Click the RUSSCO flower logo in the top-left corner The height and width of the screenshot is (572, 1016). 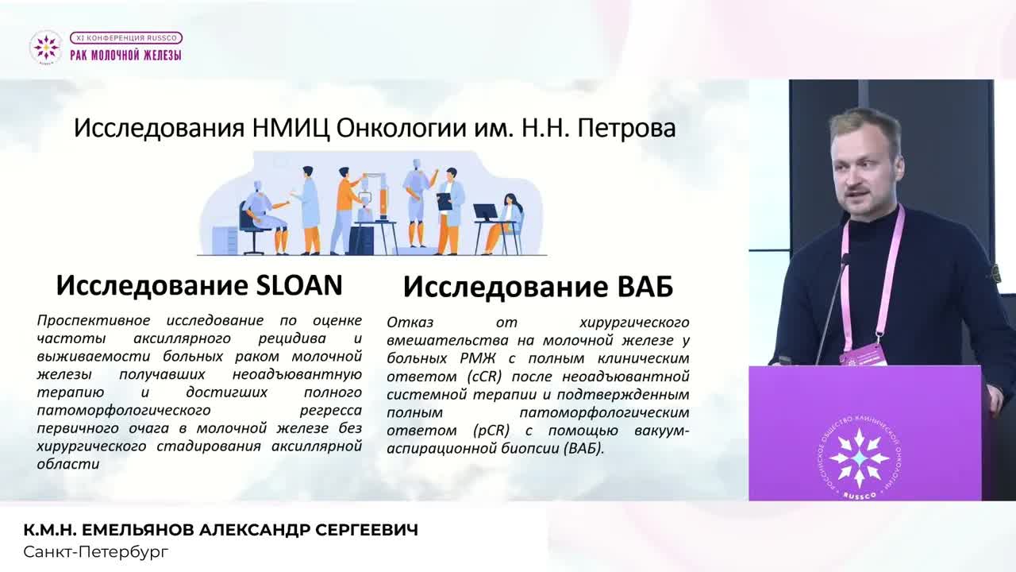(45, 47)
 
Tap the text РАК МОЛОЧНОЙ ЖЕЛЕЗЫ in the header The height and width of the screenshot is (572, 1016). (126, 55)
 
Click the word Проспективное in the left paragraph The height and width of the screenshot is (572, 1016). (97, 320)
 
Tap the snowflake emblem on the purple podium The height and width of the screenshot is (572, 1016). (859, 457)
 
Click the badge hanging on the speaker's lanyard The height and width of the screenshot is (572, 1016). (864, 356)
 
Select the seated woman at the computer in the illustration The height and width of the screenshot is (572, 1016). (508, 218)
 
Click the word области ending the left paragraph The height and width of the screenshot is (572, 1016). (68, 464)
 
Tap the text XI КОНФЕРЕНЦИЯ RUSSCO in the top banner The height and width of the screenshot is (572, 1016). (126, 37)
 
